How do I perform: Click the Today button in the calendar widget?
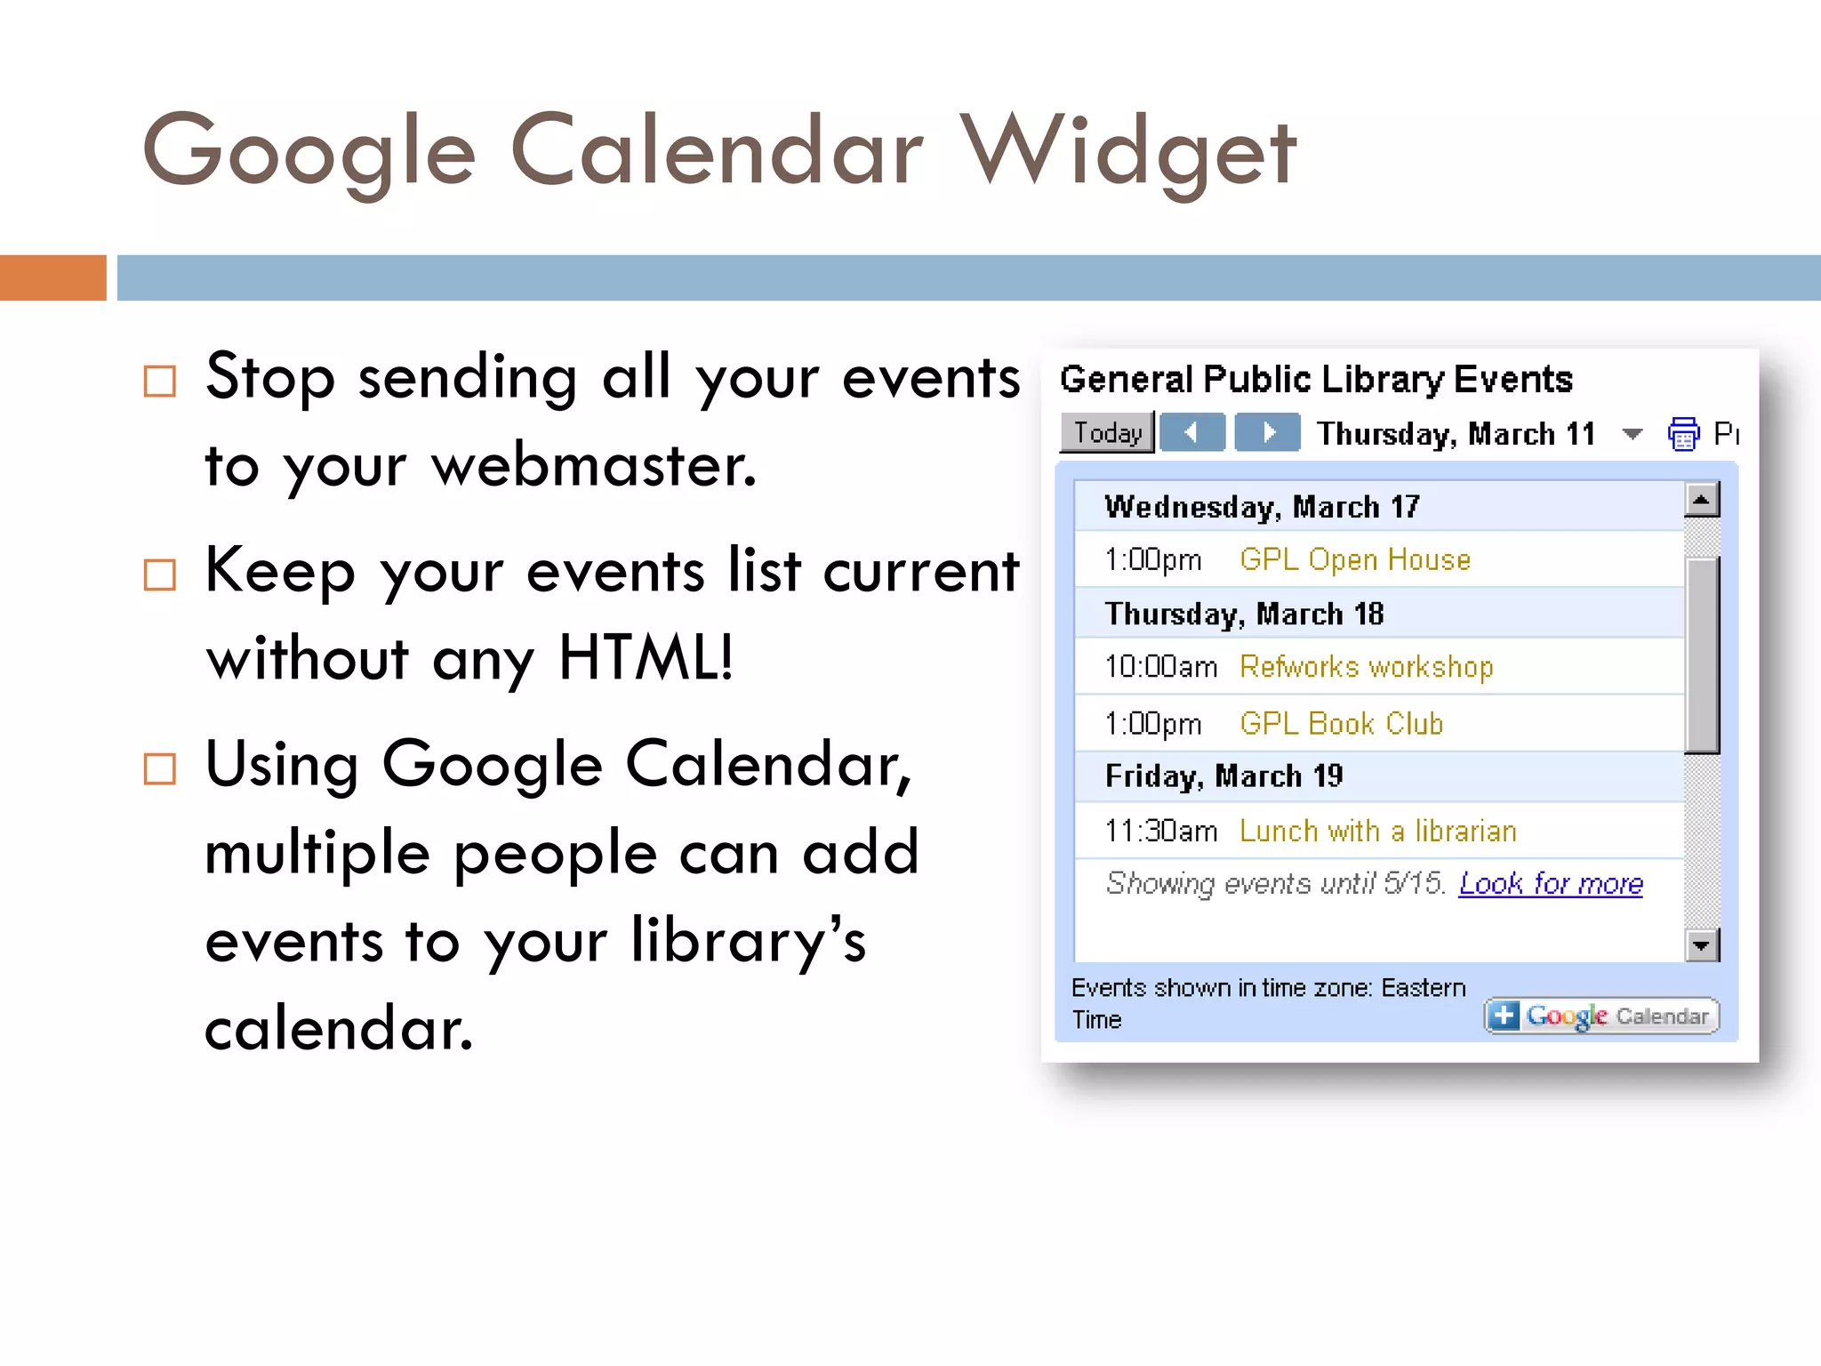(x=1107, y=433)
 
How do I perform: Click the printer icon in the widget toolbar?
(x=1682, y=434)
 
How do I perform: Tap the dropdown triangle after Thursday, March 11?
(x=1632, y=434)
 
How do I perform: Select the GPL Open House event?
(x=1354, y=559)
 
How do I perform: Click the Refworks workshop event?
(x=1366, y=666)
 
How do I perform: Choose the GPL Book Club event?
(x=1341, y=723)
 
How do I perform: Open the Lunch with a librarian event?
(x=1377, y=831)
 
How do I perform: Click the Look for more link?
(x=1550, y=883)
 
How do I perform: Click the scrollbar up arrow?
(x=1701, y=500)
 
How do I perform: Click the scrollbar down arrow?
(x=1701, y=944)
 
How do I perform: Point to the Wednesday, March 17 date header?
(x=1261, y=507)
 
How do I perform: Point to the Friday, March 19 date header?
(x=1223, y=776)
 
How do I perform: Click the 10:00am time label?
(x=1160, y=666)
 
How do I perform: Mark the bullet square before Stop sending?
(x=160, y=382)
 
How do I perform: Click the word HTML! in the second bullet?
(x=646, y=658)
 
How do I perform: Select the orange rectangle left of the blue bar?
(x=52, y=277)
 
